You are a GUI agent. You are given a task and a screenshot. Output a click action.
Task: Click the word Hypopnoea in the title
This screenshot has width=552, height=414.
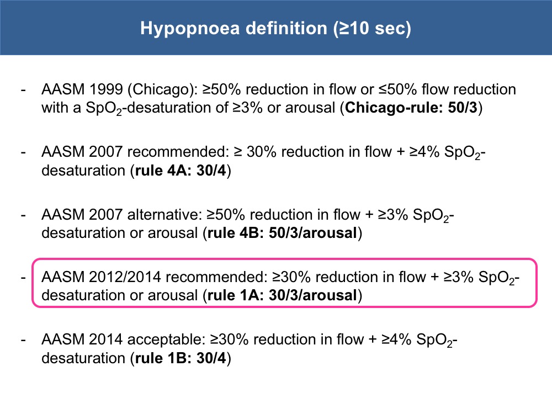click(190, 29)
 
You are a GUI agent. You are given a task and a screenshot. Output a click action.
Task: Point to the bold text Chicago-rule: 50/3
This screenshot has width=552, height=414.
click(411, 108)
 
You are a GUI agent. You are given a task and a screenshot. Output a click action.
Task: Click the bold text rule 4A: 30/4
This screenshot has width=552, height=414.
click(181, 171)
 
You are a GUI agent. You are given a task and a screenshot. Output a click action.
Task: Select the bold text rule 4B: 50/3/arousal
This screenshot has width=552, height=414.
click(282, 233)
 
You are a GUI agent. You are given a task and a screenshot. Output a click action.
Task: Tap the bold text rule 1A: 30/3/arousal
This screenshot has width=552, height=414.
click(282, 295)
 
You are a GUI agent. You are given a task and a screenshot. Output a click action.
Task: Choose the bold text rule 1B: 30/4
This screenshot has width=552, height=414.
click(181, 358)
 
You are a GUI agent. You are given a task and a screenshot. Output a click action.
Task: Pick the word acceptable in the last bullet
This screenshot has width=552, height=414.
click(166, 340)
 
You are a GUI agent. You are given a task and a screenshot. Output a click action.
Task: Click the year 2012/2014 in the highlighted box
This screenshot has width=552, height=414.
click(125, 278)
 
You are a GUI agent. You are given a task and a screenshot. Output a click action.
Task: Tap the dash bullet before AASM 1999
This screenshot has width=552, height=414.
click(23, 91)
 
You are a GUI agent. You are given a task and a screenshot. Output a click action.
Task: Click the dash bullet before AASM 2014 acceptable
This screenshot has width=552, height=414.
click(23, 341)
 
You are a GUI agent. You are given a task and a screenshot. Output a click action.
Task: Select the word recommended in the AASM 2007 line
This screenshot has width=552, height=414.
click(178, 152)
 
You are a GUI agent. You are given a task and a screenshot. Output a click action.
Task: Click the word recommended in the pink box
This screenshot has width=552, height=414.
click(217, 278)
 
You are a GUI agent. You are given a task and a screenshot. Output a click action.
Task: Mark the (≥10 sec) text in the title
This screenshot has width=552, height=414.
click(372, 29)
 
